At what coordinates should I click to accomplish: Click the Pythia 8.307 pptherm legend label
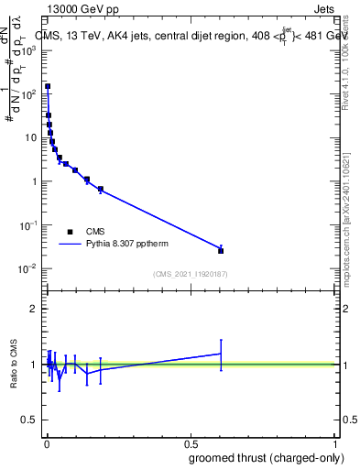pos(126,245)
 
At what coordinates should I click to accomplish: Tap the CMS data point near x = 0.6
pos(221,250)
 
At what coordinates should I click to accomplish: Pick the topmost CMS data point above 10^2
pos(48,86)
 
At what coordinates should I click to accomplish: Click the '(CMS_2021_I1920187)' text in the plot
pos(191,273)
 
